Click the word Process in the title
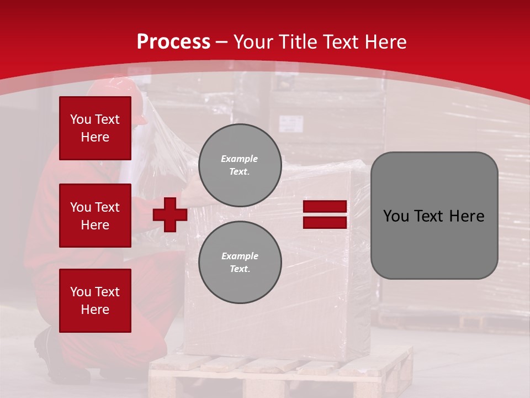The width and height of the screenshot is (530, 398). click(173, 42)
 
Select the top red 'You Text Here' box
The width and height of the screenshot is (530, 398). click(95, 128)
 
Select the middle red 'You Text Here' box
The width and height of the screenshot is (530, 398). click(95, 216)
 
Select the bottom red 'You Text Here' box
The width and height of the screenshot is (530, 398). click(95, 301)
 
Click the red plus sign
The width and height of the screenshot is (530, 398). click(170, 214)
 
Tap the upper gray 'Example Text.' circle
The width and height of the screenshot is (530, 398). click(240, 165)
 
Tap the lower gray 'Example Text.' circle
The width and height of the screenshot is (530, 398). click(240, 263)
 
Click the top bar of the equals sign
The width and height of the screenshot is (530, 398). click(325, 207)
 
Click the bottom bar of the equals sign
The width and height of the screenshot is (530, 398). click(325, 222)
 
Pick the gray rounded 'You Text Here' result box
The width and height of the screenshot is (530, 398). click(434, 216)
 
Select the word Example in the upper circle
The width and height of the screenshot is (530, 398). click(239, 159)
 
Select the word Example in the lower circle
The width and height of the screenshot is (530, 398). click(240, 256)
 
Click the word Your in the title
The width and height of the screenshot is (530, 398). click(253, 42)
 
